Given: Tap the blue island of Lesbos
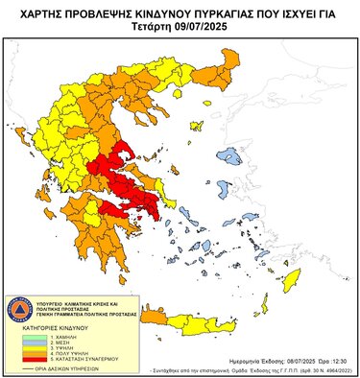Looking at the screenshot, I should [x=230, y=155].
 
